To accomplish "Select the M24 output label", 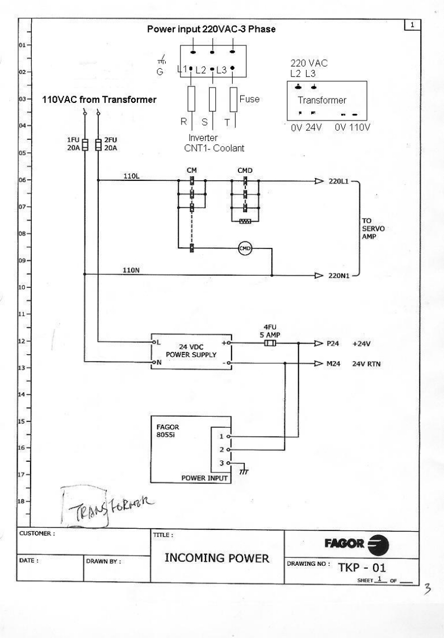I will (x=333, y=363).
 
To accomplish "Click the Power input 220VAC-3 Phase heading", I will (x=211, y=29).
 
